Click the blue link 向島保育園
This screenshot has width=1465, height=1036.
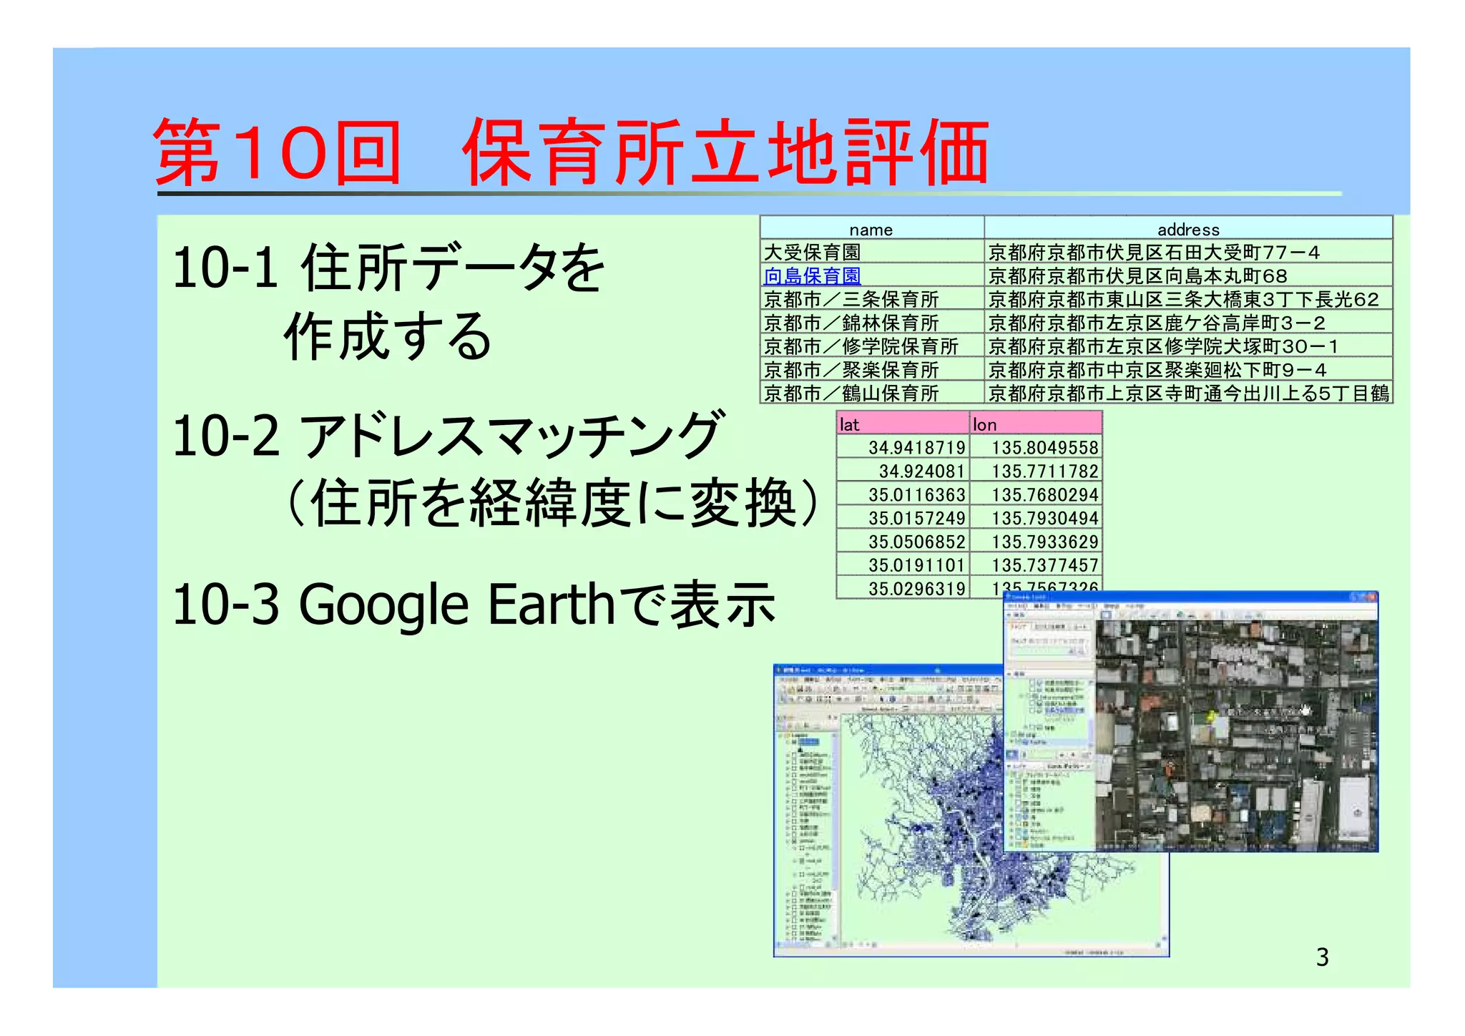click(812, 275)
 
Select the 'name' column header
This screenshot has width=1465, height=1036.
click(871, 230)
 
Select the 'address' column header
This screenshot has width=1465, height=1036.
click(1187, 230)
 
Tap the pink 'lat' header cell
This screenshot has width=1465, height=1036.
click(902, 424)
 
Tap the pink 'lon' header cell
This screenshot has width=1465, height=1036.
click(1034, 424)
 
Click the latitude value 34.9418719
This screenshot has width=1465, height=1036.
click(916, 447)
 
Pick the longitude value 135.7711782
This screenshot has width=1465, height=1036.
click(1044, 471)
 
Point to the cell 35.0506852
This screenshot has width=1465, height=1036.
click(916, 542)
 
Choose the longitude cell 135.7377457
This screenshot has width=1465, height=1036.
click(1044, 565)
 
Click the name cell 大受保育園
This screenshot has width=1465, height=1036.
click(812, 252)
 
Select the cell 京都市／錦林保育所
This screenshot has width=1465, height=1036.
click(851, 323)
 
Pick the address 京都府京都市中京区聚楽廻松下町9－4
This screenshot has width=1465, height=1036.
click(1157, 370)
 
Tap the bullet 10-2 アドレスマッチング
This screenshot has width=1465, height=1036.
click(447, 436)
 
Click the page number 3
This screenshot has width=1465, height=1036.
click(1322, 957)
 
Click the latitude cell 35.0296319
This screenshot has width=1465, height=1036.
click(916, 588)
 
